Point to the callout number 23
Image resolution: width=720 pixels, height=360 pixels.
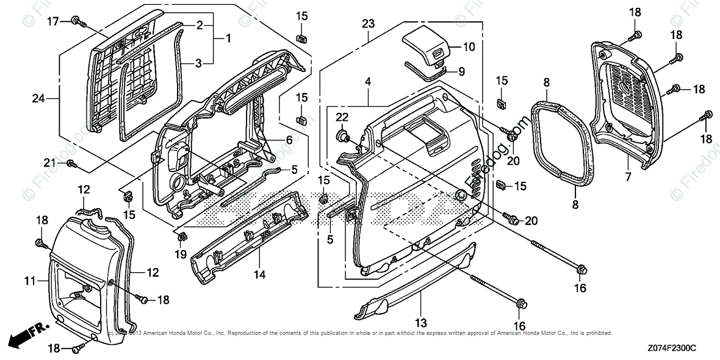pyautogui.click(x=367, y=24)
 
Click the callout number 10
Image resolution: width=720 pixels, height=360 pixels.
pyautogui.click(x=468, y=46)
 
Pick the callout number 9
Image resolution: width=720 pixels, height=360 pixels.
pyautogui.click(x=461, y=71)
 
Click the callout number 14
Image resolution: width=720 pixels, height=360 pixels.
pyautogui.click(x=260, y=275)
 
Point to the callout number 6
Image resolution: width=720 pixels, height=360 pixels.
pyautogui.click(x=289, y=140)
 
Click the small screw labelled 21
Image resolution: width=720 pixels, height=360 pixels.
pyautogui.click(x=70, y=163)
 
